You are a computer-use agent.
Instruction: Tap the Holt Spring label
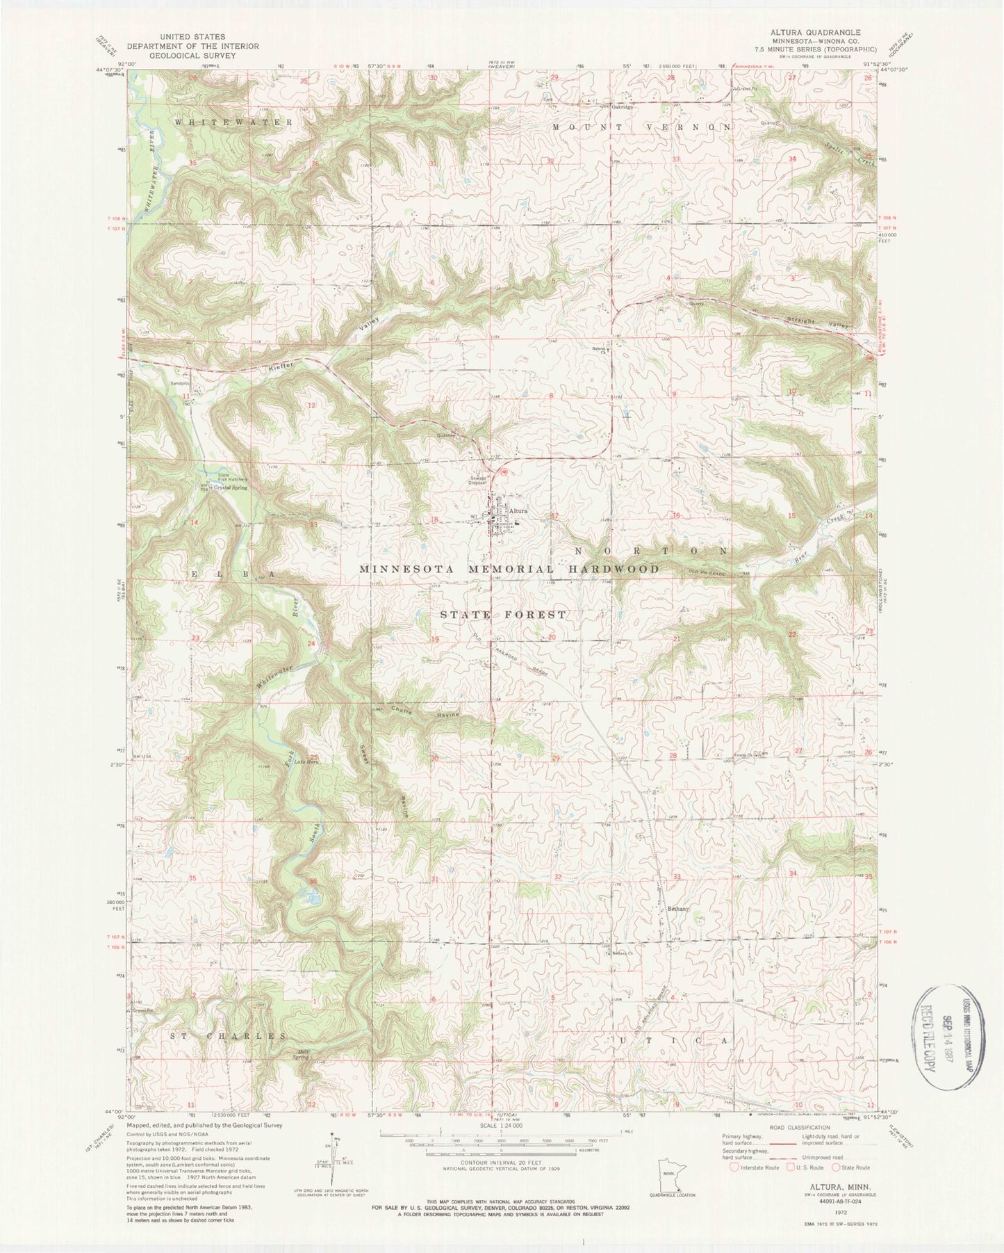(302, 1054)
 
